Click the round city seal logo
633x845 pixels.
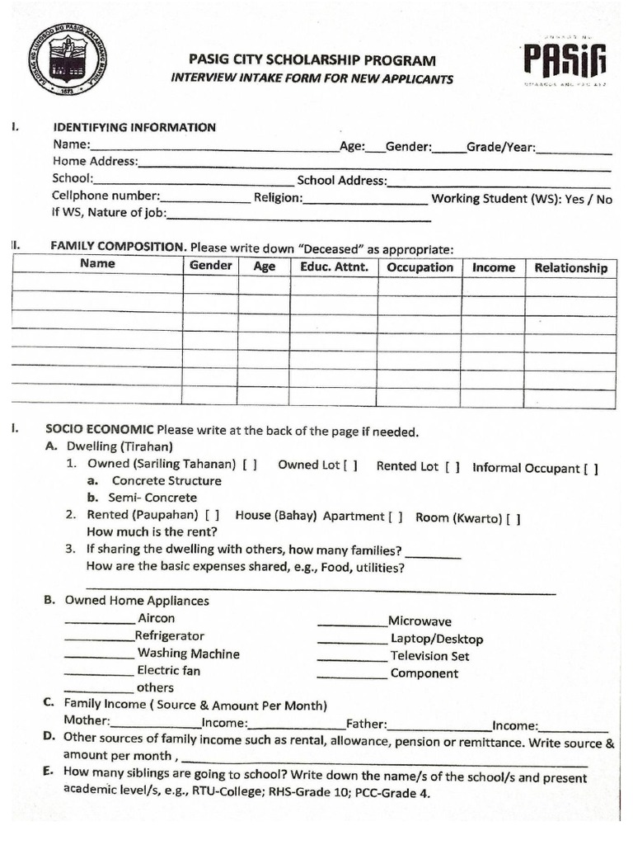67,59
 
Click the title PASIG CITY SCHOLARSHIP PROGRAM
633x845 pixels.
312,60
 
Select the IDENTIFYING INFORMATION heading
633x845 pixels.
134,127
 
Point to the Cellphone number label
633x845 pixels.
105,196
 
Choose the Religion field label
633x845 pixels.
278,198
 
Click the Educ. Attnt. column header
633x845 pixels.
334,267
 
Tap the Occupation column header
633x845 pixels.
420,267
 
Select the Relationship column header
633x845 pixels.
570,267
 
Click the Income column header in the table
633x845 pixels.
493,267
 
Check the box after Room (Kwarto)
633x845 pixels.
513,519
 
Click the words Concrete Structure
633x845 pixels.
166,481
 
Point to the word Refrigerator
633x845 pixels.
170,636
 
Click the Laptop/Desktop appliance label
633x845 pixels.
437,639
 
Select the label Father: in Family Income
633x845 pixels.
366,725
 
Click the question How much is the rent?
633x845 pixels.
152,532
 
